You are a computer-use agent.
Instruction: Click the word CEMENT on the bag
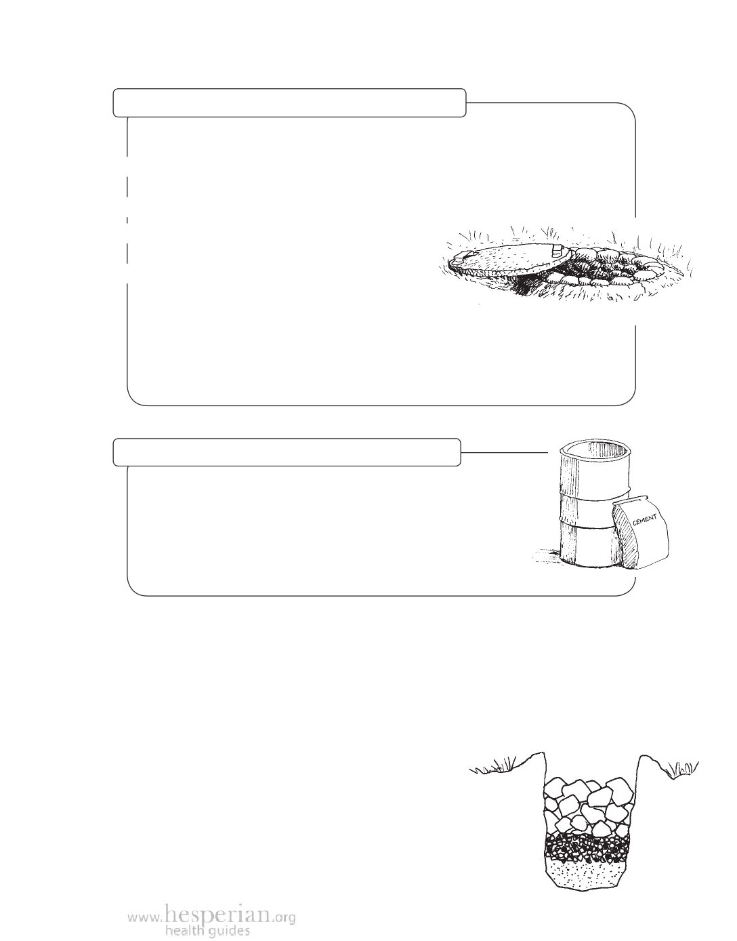click(x=644, y=519)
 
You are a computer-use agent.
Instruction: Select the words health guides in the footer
click(x=207, y=928)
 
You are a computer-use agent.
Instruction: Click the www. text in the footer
click(x=146, y=914)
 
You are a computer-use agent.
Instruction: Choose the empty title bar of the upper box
click(x=289, y=103)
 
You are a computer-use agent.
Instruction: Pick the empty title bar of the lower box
click(x=287, y=452)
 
